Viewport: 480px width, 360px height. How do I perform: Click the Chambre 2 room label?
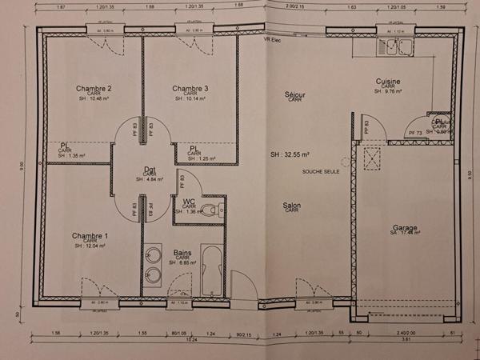[94, 88]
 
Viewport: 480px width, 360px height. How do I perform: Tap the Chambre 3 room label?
[190, 88]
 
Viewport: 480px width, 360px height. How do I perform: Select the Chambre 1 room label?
[90, 236]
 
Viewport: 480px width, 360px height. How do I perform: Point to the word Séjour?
[295, 94]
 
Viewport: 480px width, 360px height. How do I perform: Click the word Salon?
[292, 206]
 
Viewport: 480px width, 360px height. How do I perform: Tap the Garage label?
[405, 228]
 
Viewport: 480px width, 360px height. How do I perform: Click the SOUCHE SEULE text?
[320, 171]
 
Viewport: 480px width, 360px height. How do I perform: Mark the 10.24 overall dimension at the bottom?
[192, 339]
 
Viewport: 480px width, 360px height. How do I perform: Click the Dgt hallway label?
[150, 169]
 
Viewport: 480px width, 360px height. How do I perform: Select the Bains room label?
[182, 253]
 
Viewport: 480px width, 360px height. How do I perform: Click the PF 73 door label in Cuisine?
[415, 132]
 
